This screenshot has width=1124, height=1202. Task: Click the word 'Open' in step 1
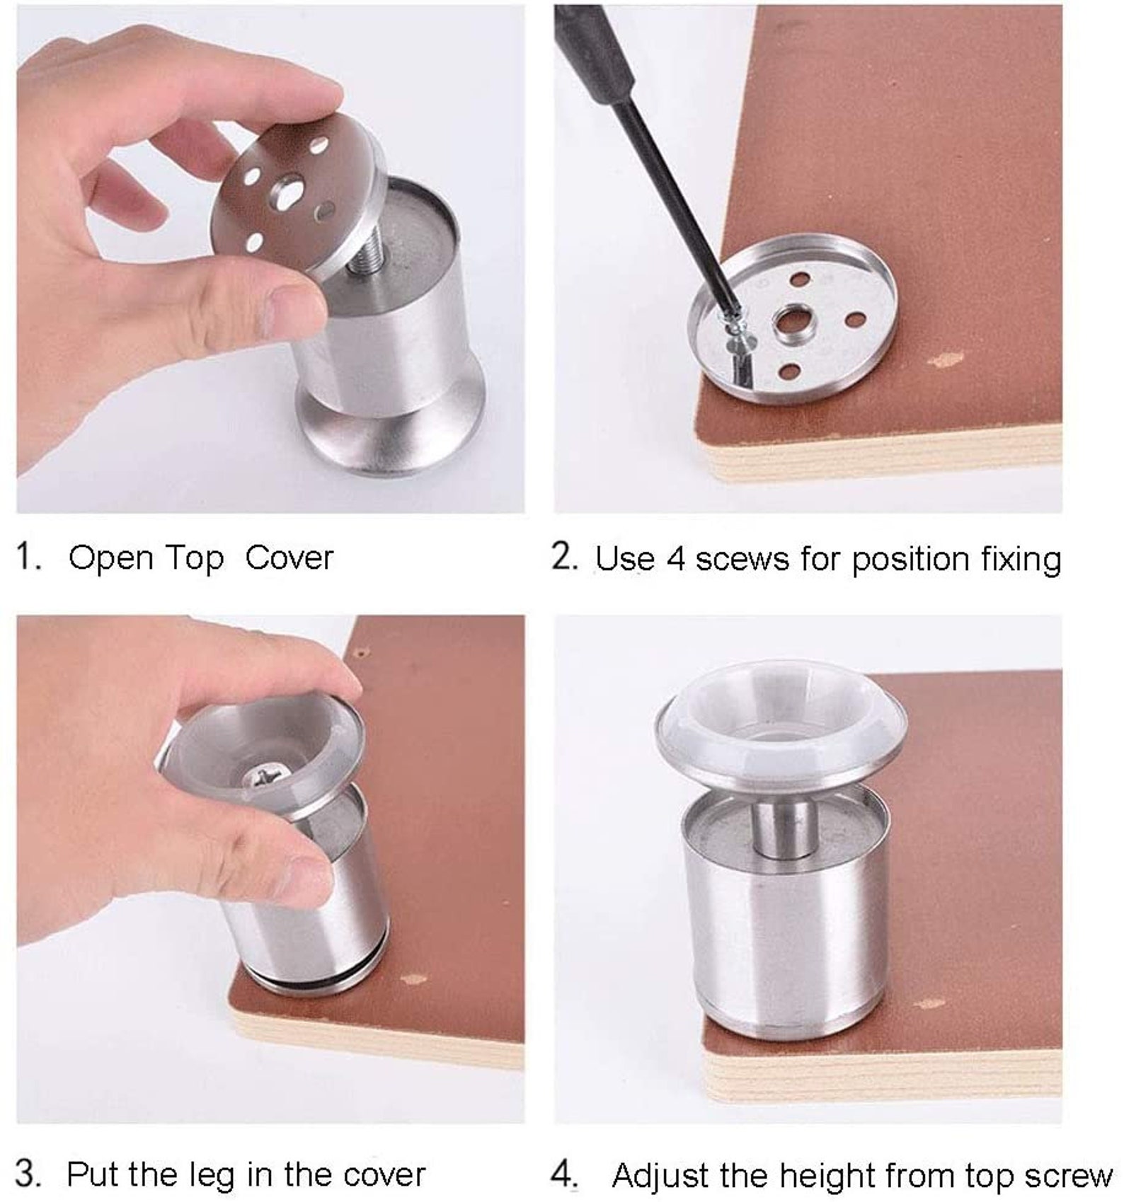111,559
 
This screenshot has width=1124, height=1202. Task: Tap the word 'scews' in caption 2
742,560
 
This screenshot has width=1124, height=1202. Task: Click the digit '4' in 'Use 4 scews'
675,559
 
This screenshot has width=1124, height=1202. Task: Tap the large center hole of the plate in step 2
793,323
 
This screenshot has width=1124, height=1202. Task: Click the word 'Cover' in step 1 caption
289,559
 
